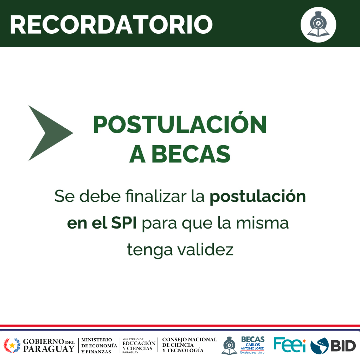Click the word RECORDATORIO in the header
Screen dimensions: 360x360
[111, 25]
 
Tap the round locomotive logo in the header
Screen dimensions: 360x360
[318, 25]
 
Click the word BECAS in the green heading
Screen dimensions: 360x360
[191, 154]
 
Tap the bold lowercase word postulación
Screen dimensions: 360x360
[258, 197]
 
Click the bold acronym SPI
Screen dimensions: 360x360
[124, 223]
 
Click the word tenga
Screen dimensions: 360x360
[150, 250]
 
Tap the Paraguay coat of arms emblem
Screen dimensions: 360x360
[12, 345]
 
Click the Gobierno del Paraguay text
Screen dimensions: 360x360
[49, 345]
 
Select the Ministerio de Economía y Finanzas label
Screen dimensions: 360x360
[99, 346]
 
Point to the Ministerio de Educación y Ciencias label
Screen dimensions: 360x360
[139, 346]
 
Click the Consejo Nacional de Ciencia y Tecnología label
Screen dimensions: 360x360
[189, 345]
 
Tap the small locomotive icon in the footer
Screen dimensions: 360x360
[229, 345]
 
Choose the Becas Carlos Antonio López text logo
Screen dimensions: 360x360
[252, 345]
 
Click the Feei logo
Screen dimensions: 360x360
[290, 345]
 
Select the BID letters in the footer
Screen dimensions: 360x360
[343, 346]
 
